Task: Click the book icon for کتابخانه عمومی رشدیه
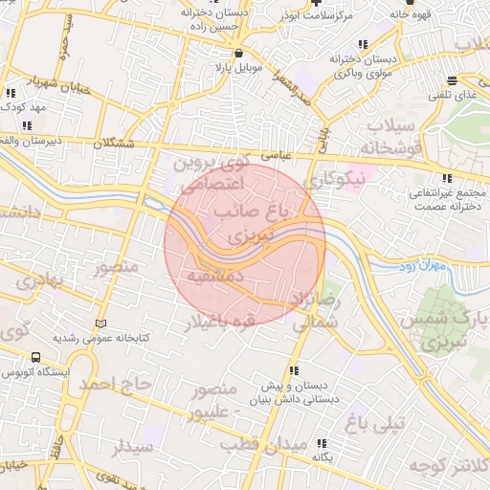point(101,323)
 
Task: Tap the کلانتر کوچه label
point(449,465)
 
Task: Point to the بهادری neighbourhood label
point(38,281)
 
